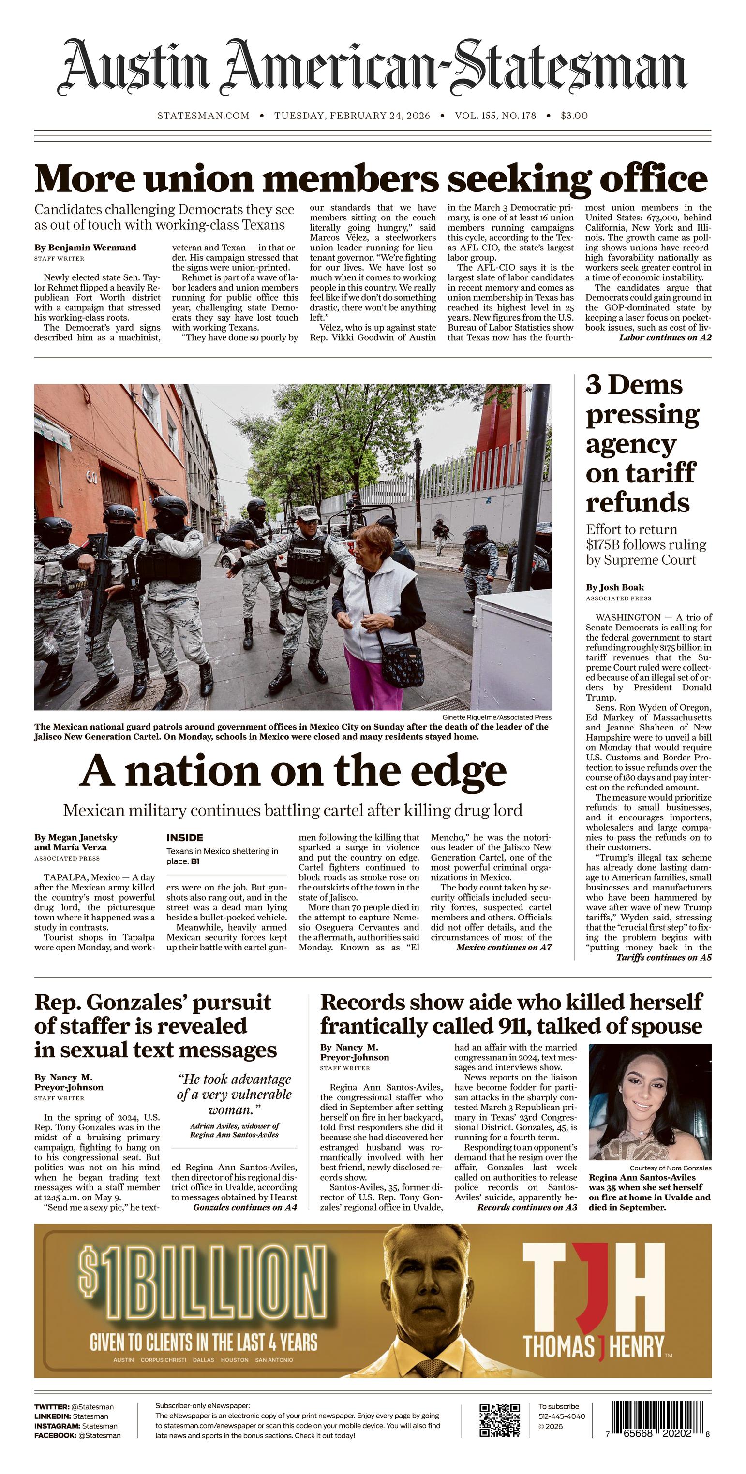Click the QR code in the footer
(x=499, y=1421)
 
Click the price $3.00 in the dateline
(x=574, y=116)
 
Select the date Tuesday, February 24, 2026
(x=352, y=116)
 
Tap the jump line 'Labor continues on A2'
(x=665, y=337)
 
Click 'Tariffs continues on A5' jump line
(x=664, y=957)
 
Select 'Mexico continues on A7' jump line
(x=504, y=947)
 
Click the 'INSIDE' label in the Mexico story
(x=184, y=837)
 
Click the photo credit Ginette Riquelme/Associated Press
(x=496, y=717)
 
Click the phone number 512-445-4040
(x=562, y=1416)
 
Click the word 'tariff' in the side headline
(x=640, y=473)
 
